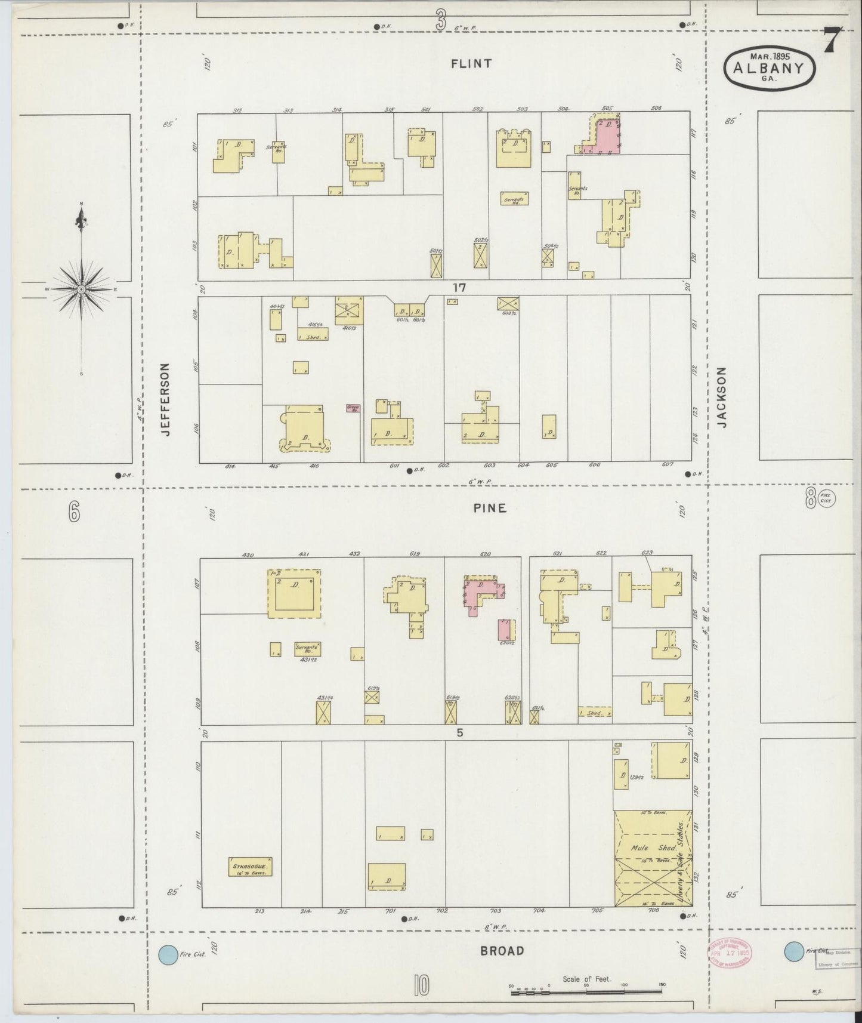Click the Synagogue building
point(250,867)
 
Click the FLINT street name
point(471,63)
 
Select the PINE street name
point(490,509)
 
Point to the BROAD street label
point(502,951)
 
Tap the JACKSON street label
point(722,396)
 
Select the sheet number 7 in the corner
point(833,41)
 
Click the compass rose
point(81,289)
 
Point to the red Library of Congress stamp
point(730,953)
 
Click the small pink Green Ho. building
point(353,409)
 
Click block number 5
point(459,733)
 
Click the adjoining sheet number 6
point(73,511)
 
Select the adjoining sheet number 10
point(421,985)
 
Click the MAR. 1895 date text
point(770,56)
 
